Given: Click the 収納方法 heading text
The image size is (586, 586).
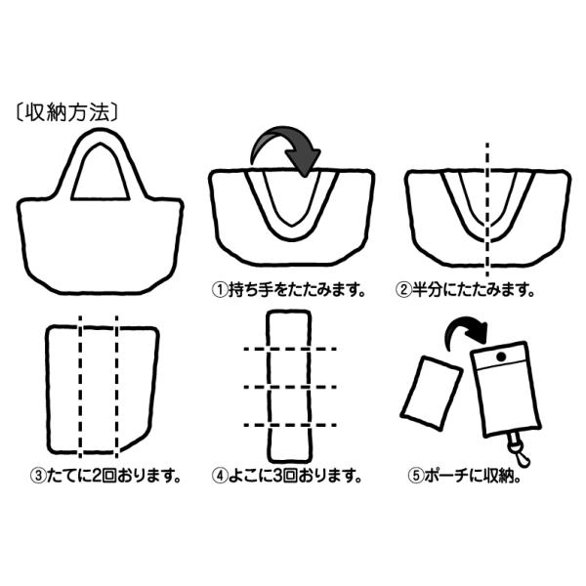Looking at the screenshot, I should [67, 110].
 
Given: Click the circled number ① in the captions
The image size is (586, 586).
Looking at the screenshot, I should [221, 290].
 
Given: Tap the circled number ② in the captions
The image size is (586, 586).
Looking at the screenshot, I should [402, 290].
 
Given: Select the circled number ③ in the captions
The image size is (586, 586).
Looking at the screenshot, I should [37, 477].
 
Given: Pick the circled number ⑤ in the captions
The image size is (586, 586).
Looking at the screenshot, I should [416, 477].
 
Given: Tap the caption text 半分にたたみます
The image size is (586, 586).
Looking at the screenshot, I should [473, 290].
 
